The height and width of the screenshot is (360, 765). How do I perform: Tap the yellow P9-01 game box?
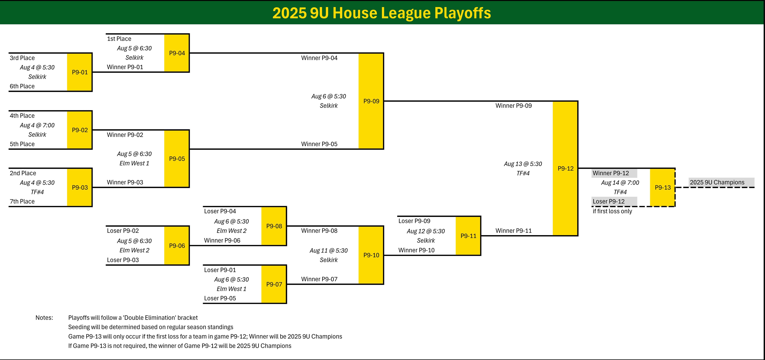[x=80, y=72]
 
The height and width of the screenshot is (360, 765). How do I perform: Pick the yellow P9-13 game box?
[x=662, y=187]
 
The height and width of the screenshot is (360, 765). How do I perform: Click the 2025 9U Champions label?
[x=717, y=182]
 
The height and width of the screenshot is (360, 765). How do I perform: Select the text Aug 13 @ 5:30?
[x=523, y=164]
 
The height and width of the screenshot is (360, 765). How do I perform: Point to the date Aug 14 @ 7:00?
[x=620, y=183]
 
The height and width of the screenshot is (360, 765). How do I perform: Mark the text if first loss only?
[x=612, y=211]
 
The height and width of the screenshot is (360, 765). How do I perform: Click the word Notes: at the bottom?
[x=44, y=318]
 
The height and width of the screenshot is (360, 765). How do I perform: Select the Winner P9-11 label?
[x=513, y=231]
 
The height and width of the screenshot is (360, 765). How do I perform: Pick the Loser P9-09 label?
[x=414, y=221]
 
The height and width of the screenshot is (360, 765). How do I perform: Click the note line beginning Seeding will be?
[x=151, y=327]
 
